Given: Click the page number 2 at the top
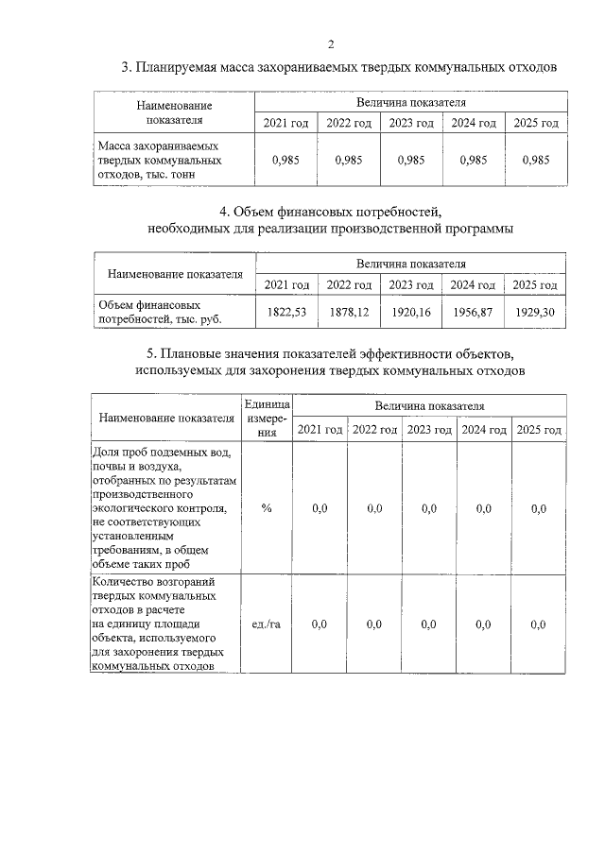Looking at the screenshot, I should tap(331, 43).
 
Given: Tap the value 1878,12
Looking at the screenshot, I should tap(349, 312).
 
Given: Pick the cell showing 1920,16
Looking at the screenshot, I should tap(411, 312).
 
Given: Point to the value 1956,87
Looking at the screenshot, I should tap(473, 312).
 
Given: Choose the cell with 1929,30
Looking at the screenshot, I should tap(535, 312).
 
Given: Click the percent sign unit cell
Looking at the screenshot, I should tap(268, 508).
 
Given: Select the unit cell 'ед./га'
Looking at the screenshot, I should tap(268, 624).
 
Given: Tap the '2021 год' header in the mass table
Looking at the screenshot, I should tap(286, 123).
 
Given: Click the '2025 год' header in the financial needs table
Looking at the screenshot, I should tap(535, 284).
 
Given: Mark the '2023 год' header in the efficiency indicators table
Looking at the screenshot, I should tap(429, 430).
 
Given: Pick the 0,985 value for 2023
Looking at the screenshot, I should tap(411, 160).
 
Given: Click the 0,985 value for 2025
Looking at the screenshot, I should tap(535, 160).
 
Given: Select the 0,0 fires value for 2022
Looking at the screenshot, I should tap(374, 624).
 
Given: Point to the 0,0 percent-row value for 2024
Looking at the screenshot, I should tap(484, 508).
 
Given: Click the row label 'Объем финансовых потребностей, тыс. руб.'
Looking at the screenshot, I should tap(151, 313).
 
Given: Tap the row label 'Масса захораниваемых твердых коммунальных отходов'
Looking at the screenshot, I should tap(159, 160).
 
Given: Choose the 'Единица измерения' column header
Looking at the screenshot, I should tap(268, 418).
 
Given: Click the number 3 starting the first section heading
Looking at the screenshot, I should tap(125, 68).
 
